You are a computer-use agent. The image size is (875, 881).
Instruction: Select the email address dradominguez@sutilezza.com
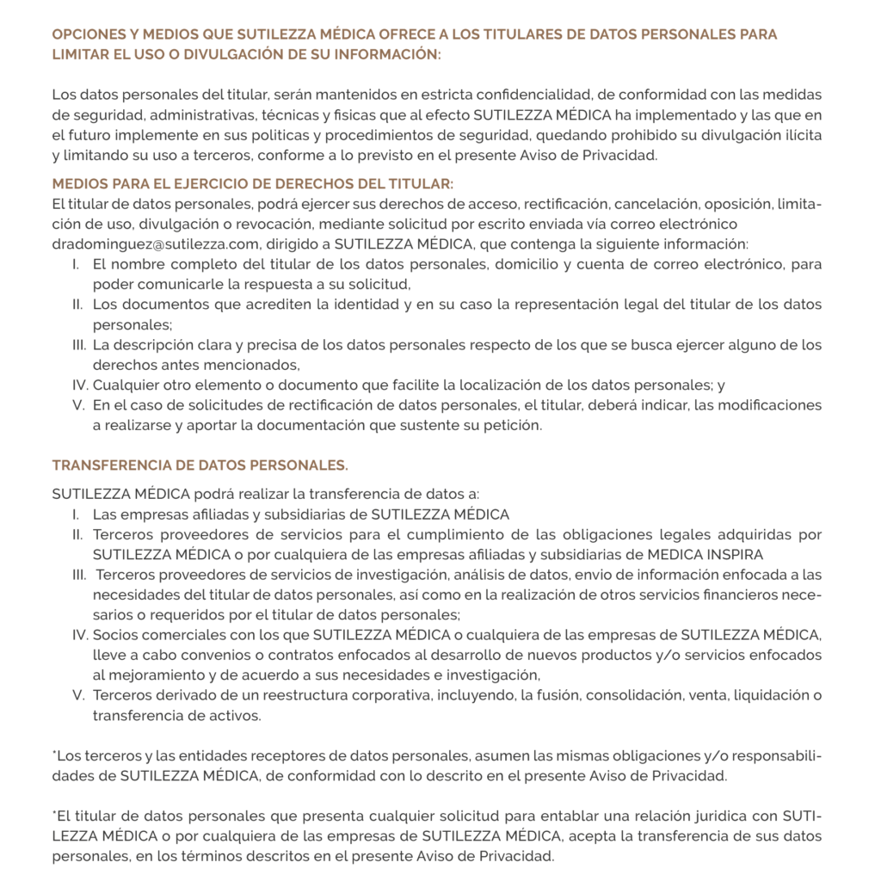click(156, 243)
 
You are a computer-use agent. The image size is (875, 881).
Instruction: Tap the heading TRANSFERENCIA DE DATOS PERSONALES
click(200, 465)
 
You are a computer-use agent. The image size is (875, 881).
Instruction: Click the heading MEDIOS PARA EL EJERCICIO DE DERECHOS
click(252, 184)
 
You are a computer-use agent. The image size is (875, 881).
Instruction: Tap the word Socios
click(115, 635)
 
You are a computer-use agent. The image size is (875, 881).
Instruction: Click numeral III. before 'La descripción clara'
click(79, 345)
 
